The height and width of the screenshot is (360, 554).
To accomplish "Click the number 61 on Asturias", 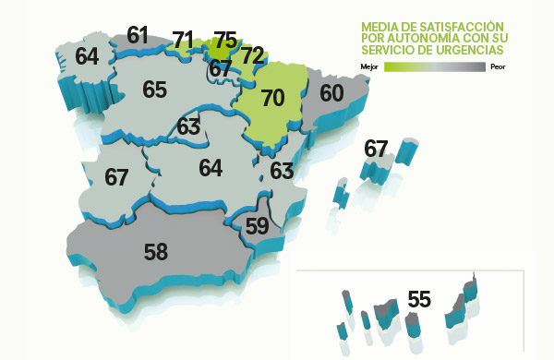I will point(138,36).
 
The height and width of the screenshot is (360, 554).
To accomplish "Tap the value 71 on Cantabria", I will point(183,40).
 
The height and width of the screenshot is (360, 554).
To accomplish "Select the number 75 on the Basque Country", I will point(224,40).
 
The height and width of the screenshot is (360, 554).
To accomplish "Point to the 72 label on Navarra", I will point(252,55).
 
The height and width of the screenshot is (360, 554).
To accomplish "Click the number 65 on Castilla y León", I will point(154,90).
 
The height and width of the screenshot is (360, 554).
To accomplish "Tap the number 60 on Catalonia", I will point(331,93).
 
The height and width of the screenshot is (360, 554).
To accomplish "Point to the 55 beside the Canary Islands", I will point(419,300).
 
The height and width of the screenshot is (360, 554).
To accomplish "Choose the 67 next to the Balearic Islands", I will point(376,148).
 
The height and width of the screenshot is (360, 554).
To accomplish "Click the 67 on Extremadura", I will point(116,177).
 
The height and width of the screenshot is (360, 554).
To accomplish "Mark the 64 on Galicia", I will point(87,55).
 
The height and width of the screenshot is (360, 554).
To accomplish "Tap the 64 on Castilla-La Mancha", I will point(211,169).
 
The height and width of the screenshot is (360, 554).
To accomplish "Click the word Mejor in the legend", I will point(368,66).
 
